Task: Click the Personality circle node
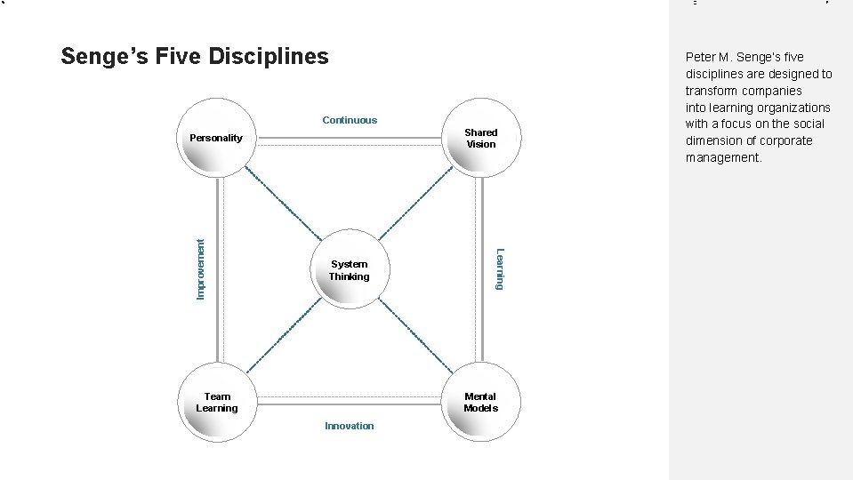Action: tap(216, 140)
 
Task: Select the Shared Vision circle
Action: tap(481, 139)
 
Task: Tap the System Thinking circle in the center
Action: tap(350, 270)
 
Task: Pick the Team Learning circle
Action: tap(217, 403)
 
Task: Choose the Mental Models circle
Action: tap(481, 403)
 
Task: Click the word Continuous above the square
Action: tap(350, 120)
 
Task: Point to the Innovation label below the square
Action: tap(350, 426)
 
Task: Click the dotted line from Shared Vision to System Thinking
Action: tap(416, 204)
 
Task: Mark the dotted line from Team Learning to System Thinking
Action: tap(282, 337)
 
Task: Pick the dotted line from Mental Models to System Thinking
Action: tap(416, 337)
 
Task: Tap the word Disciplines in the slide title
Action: tap(269, 57)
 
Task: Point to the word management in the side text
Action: tap(723, 157)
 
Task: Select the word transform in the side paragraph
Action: tap(711, 91)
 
